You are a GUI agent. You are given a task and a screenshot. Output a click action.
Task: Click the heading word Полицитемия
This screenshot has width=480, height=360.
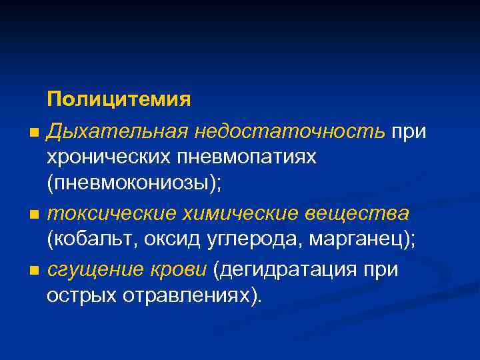pyautogui.click(x=119, y=99)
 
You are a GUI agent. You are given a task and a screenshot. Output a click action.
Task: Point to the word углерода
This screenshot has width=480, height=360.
pyautogui.click(x=249, y=241)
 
